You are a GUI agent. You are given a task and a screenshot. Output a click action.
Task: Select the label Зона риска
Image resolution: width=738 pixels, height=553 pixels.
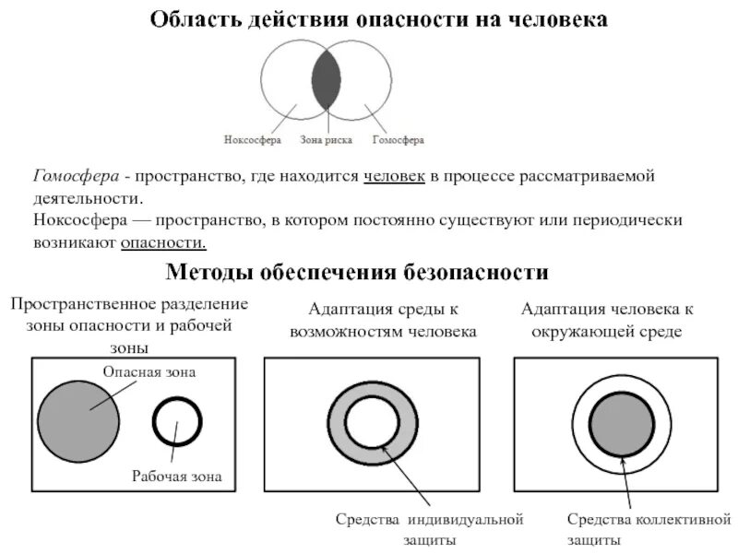pyautogui.click(x=327, y=140)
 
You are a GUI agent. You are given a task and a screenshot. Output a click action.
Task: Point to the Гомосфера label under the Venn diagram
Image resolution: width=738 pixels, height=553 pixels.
pyautogui.click(x=399, y=140)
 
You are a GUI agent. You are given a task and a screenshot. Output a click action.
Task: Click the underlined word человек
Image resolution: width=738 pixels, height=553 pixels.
pyautogui.click(x=395, y=176)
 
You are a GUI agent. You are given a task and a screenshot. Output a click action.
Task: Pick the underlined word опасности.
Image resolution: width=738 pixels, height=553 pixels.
pyautogui.click(x=162, y=242)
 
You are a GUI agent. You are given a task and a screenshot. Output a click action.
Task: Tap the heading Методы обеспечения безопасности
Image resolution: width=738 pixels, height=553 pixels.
pyautogui.click(x=357, y=272)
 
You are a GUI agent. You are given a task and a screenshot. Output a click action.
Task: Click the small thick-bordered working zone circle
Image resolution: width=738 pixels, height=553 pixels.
pyautogui.click(x=176, y=423)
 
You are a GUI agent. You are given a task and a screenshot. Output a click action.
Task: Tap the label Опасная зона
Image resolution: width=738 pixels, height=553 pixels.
pyautogui.click(x=149, y=371)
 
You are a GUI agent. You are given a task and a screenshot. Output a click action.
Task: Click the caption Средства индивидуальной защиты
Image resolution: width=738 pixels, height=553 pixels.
pyautogui.click(x=429, y=530)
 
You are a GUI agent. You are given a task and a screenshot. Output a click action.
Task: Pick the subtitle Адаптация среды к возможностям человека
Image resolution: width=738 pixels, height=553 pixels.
pyautogui.click(x=383, y=320)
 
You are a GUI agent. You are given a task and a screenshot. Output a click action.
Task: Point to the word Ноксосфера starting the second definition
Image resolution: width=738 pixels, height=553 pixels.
pyautogui.click(x=78, y=221)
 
